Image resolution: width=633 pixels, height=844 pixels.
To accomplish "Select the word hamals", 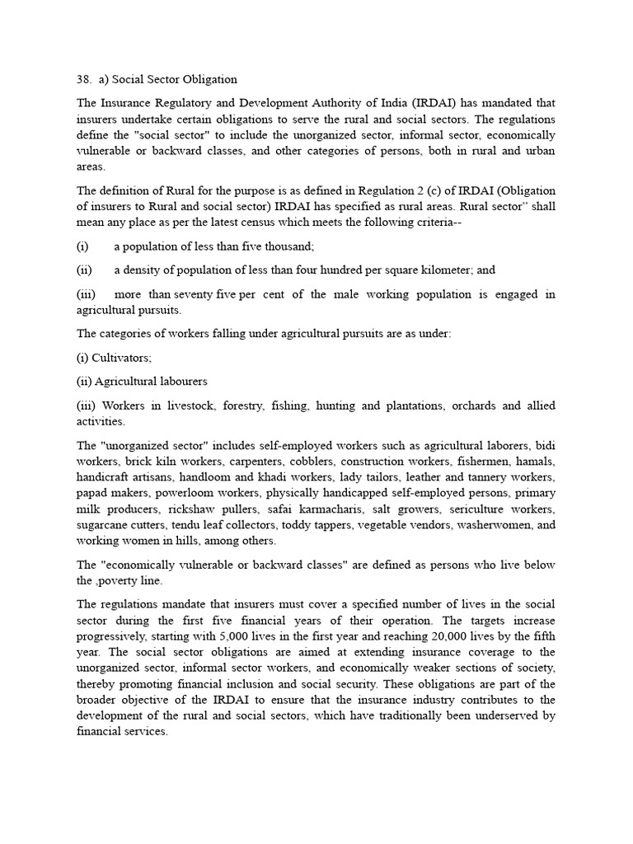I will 536,462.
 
